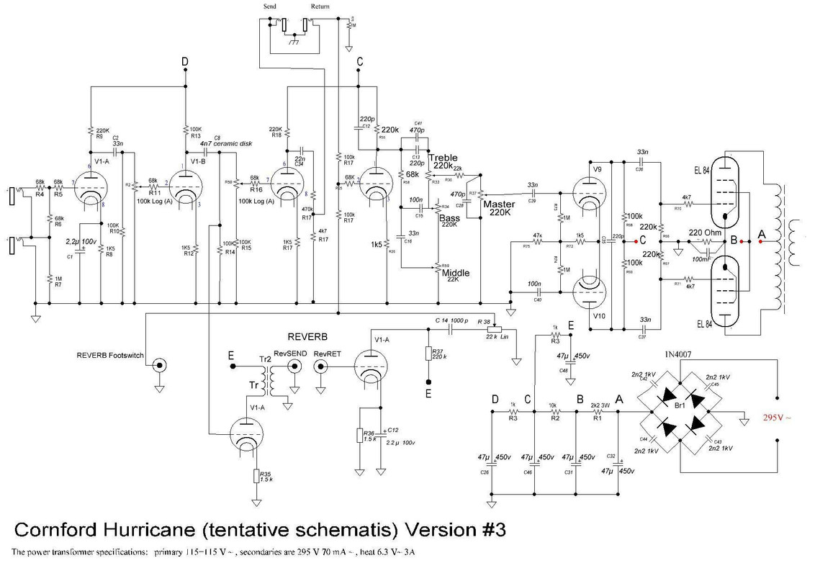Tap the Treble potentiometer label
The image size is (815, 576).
tap(441, 158)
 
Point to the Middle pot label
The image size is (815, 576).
tap(456, 273)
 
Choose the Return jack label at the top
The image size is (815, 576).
tap(320, 6)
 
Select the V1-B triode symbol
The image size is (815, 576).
tap(184, 186)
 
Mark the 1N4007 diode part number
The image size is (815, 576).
tap(679, 352)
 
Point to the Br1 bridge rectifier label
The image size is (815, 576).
tap(680, 407)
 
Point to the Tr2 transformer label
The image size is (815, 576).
tap(264, 359)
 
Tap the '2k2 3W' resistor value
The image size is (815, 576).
tap(600, 405)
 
